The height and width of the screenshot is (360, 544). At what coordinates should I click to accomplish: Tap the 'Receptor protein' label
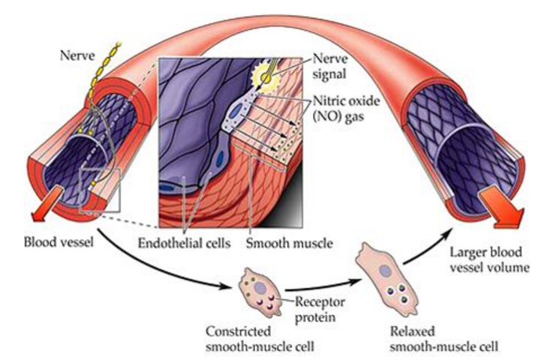(x=301, y=307)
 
